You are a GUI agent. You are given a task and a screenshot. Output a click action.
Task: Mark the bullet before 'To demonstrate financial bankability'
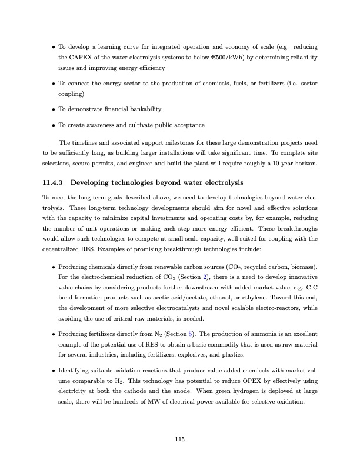point(54,110)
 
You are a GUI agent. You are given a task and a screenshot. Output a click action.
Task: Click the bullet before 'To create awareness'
point(54,126)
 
